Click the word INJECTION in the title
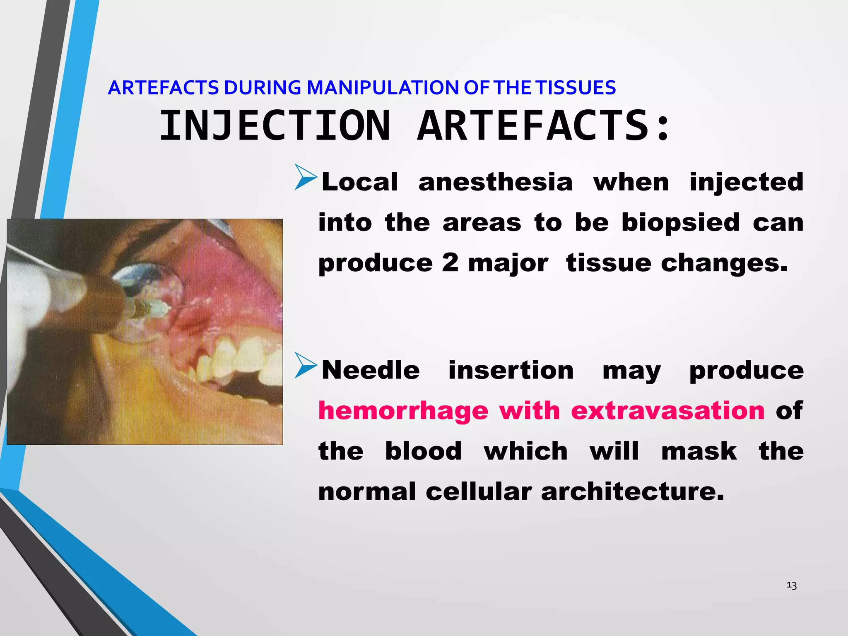(275, 125)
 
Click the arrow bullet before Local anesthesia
(306, 178)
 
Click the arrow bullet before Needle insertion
(306, 366)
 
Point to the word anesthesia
(495, 182)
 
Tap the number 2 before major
(450, 263)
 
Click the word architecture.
(632, 491)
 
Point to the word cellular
(478, 491)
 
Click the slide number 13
(791, 585)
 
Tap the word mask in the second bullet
(699, 451)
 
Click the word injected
(746, 182)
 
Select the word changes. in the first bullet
(724, 263)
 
